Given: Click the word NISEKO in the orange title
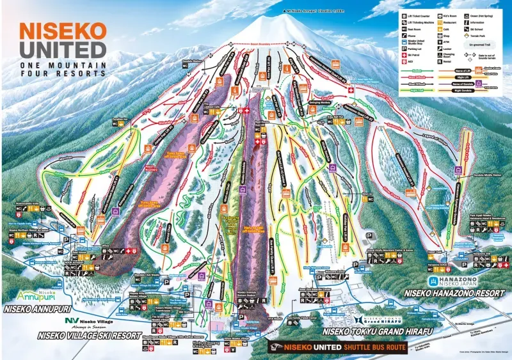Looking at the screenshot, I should [x=61, y=31].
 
